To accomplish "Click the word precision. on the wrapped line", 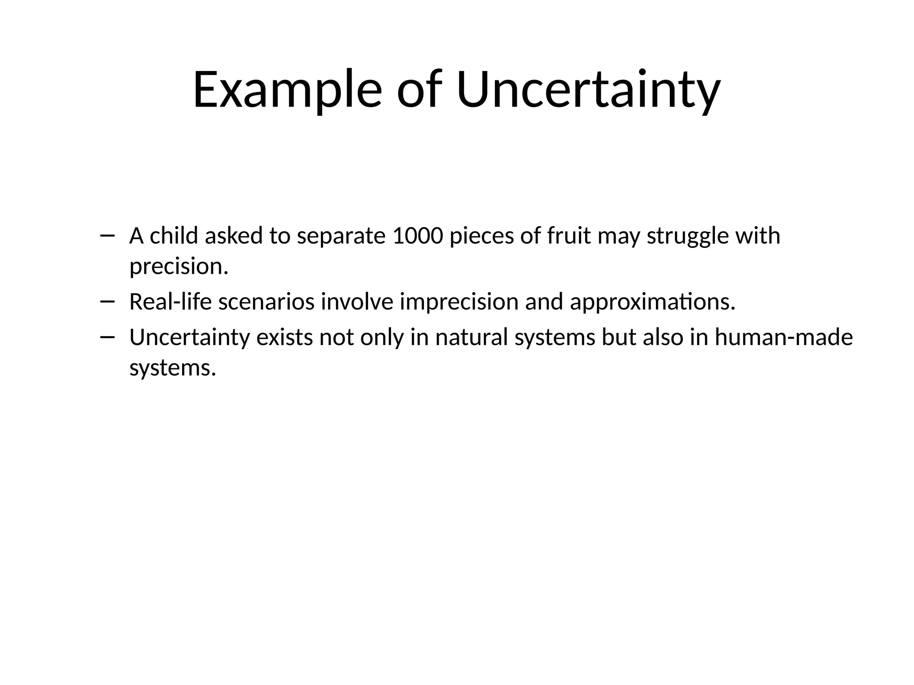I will click(179, 267).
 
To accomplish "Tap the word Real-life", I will click(170, 301).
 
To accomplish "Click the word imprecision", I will click(459, 302).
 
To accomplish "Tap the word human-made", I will click(784, 337).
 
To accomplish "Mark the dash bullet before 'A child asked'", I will click(107, 235).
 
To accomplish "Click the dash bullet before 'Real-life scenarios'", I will click(107, 301).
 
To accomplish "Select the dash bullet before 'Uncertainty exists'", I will click(107, 337).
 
